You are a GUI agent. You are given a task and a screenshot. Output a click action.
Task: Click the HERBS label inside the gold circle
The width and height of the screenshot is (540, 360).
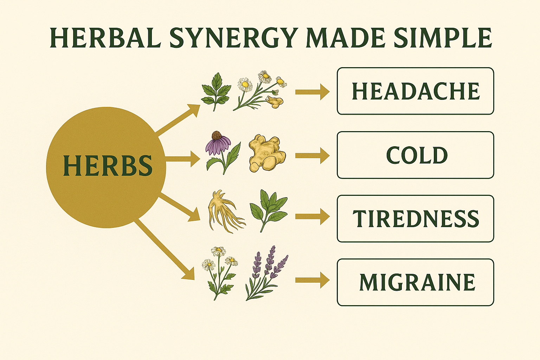(108, 166)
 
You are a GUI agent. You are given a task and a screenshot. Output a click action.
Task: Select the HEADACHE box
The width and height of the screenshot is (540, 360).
(415, 91)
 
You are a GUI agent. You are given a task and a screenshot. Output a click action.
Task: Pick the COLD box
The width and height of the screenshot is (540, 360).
(415, 155)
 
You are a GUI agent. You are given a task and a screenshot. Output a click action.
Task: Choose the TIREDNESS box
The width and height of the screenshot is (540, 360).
(415, 219)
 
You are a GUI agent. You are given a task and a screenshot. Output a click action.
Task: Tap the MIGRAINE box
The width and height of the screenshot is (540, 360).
(415, 282)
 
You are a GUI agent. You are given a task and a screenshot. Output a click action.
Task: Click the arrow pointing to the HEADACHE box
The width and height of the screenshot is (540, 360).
(312, 92)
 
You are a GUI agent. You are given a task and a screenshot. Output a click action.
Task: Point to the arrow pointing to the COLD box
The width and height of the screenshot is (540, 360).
(312, 155)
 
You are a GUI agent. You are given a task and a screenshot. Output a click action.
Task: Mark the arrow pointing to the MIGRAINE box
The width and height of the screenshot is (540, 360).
(312, 280)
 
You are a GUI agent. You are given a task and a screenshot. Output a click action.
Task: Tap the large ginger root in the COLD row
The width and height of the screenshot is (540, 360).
(267, 153)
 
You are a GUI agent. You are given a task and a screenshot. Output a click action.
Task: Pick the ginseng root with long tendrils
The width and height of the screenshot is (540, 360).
(224, 213)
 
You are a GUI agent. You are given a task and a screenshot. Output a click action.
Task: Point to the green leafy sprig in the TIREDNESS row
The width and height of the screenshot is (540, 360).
(268, 209)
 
